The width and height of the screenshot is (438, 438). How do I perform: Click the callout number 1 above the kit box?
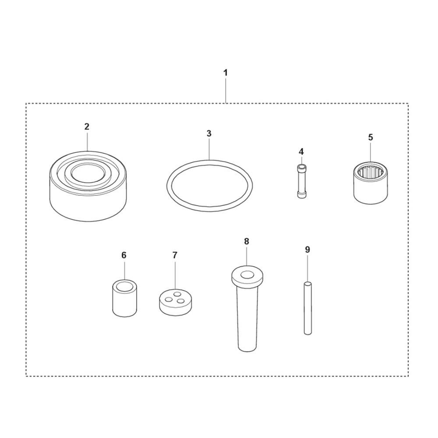[226, 73]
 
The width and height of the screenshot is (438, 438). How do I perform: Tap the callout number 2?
[87, 127]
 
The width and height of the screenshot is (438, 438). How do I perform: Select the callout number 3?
[209, 134]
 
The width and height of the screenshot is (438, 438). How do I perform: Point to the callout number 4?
[301, 152]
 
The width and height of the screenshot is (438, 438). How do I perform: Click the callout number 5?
[371, 138]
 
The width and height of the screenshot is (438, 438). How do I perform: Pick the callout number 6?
[124, 255]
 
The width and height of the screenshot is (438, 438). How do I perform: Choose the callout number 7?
[175, 255]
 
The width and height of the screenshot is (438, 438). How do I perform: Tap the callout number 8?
[246, 241]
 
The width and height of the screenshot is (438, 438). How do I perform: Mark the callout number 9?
[307, 250]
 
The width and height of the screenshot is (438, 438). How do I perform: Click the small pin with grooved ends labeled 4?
[301, 182]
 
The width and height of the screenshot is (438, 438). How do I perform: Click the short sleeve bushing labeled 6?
[124, 298]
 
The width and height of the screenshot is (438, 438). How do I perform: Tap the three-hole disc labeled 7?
[176, 303]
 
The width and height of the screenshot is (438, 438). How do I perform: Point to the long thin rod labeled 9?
[307, 308]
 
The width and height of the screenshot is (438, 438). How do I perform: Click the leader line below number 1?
[226, 90]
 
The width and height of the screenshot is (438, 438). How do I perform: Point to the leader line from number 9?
[307, 268]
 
